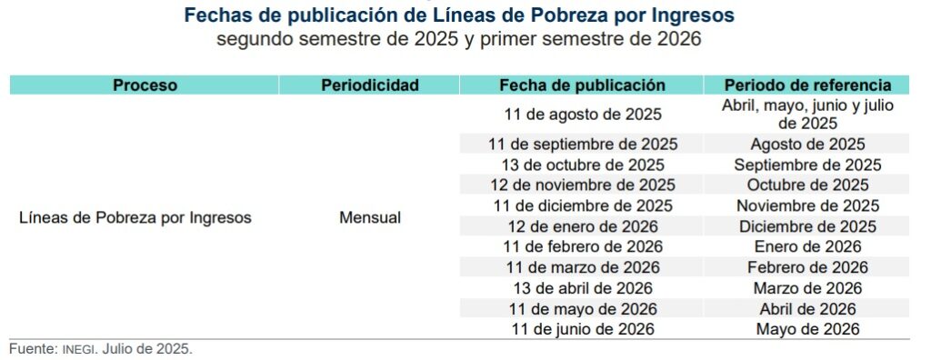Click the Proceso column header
pos(145,85)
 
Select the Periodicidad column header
pos(369,85)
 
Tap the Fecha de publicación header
pos(582,85)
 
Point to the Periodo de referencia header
pos(806,85)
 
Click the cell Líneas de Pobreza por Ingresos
pos(135,218)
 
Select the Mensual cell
pos(369,218)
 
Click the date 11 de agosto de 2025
pos(582,115)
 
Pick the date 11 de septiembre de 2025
pos(582,145)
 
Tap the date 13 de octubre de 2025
pos(582,165)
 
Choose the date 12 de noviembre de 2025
pos(582,185)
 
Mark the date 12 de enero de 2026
pos(582,226)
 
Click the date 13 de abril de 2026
pos(582,288)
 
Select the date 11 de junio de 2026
pos(582,329)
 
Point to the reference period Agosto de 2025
pos(806,145)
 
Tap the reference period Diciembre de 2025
pos(806,226)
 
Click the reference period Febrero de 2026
pos(806,267)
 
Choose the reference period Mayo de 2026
pos(806,329)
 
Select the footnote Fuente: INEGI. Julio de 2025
pos(101,349)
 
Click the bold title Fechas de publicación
pos(459,16)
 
